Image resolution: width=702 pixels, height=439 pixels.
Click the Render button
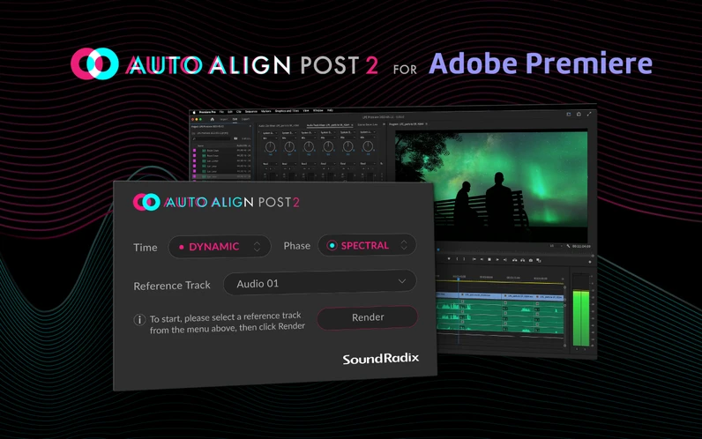[368, 317]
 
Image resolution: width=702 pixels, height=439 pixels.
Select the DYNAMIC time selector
[220, 246]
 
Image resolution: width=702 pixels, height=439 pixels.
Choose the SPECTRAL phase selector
[367, 245]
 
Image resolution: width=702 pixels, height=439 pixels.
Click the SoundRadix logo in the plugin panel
[381, 358]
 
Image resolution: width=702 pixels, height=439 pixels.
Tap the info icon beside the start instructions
[139, 319]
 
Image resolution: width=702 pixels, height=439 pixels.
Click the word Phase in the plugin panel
[297, 246]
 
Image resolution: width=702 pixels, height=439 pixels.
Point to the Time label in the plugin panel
[146, 247]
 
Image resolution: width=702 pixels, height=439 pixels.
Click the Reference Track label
[174, 286]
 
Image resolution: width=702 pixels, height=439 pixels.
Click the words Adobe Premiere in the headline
[541, 63]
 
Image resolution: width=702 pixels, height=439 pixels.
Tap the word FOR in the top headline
[407, 66]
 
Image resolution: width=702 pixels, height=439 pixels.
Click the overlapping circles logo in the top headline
[94, 63]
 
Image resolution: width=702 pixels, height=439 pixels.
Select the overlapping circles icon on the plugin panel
[146, 202]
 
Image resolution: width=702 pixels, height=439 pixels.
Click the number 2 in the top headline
[371, 64]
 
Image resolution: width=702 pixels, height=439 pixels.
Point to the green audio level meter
[580, 317]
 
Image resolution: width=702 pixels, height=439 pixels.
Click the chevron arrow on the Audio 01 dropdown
[402, 282]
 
